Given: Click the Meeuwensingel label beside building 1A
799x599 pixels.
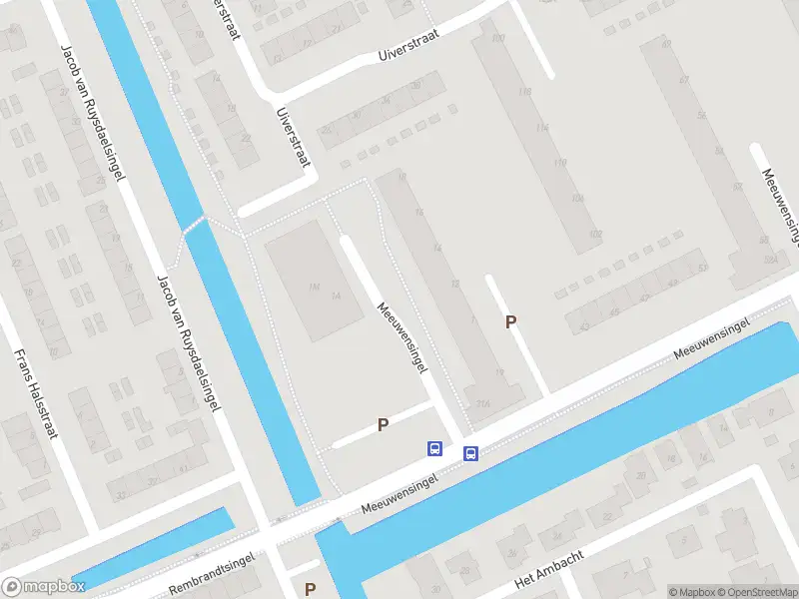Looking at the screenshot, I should pyautogui.click(x=402, y=336).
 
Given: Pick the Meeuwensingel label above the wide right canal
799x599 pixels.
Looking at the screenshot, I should pyautogui.click(x=711, y=339).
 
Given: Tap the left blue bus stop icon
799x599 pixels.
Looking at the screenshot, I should pyautogui.click(x=435, y=448).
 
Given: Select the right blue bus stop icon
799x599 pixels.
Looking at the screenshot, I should pyautogui.click(x=470, y=454).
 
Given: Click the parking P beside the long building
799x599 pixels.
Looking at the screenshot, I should pyautogui.click(x=511, y=321).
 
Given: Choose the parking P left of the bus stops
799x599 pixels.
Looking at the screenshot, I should pyautogui.click(x=382, y=425).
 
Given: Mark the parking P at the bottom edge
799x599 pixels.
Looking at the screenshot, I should pyautogui.click(x=311, y=589).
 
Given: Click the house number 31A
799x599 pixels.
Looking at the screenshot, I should pyautogui.click(x=482, y=404).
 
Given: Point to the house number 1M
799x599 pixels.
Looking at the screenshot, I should pyautogui.click(x=314, y=288).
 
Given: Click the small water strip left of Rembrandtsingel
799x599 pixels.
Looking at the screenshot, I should pyautogui.click(x=150, y=551).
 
